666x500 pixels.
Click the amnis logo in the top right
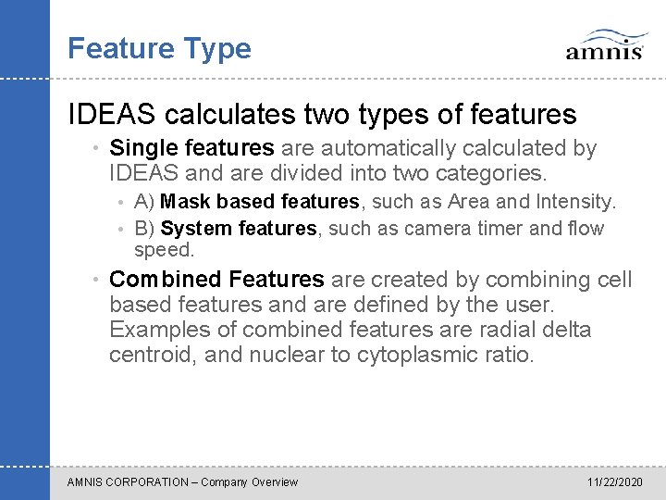point(605,44)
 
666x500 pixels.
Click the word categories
point(497,173)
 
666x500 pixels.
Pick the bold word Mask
point(184,202)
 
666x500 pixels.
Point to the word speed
point(163,250)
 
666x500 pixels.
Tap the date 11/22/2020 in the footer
point(614,482)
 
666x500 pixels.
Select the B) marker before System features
point(144,229)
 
